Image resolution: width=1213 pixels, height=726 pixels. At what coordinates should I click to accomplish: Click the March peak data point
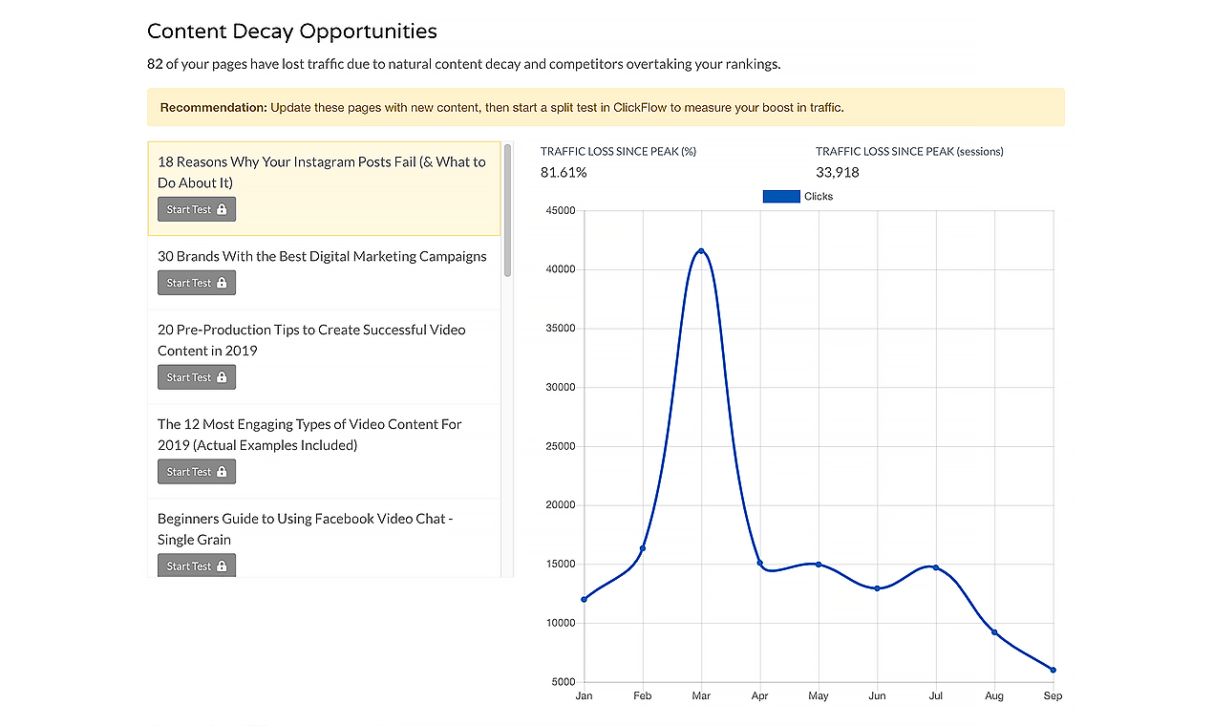tap(701, 251)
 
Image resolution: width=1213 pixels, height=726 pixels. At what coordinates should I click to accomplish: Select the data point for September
tap(1053, 670)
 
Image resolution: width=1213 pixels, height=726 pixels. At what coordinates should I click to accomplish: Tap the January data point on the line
tap(584, 599)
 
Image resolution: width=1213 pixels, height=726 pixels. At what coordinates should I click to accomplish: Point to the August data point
tap(994, 632)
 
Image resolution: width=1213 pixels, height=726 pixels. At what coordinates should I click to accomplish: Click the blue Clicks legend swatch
tap(780, 197)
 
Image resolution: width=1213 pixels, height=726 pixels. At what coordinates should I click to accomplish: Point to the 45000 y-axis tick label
tap(560, 211)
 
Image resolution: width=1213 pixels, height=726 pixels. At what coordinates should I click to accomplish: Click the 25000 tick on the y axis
tap(560, 447)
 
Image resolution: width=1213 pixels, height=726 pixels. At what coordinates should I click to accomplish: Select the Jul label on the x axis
tap(935, 696)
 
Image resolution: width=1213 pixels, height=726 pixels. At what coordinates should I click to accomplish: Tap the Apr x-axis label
tap(759, 696)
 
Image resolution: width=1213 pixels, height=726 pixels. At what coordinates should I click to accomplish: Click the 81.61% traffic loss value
tap(564, 173)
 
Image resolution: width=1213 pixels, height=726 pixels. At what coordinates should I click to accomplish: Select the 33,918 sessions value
tap(838, 173)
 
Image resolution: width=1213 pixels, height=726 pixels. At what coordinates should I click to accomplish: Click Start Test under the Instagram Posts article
tap(197, 209)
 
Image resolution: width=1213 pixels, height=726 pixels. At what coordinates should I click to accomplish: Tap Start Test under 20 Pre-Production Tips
tap(197, 377)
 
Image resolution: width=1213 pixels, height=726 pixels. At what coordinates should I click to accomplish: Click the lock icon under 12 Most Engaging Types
tap(222, 472)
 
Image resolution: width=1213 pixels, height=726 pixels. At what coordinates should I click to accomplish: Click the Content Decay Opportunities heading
tap(292, 32)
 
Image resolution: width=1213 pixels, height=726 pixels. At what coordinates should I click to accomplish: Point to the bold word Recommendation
tap(213, 108)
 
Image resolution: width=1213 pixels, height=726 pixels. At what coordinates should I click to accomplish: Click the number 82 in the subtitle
tap(156, 65)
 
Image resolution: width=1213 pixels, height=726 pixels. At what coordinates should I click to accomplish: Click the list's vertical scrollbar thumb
tap(507, 210)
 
